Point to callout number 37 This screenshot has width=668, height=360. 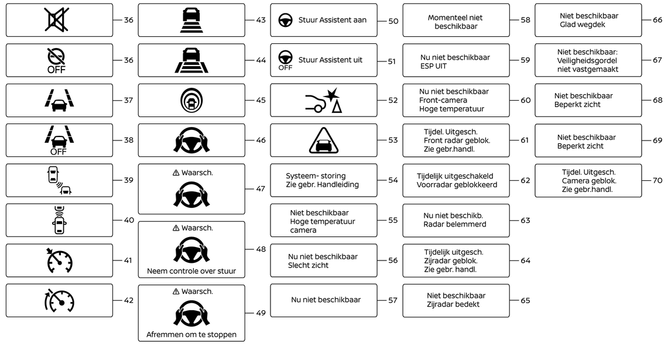(128, 100)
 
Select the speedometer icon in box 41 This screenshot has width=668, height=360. (59, 261)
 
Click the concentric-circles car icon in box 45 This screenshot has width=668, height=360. (191, 100)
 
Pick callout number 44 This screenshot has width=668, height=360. (261, 60)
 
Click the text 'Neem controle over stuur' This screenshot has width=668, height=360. (191, 271)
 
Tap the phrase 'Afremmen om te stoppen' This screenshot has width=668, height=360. (191, 335)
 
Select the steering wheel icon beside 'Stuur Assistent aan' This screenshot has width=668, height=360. (285, 19)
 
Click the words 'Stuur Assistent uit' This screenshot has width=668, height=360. (330, 60)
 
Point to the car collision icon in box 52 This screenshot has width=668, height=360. (324, 100)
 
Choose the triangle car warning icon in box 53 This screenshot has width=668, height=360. (323, 140)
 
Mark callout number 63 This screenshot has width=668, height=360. (525, 221)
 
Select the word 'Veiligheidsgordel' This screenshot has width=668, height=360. (588, 60)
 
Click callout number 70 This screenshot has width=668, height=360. (657, 180)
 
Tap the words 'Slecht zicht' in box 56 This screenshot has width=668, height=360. (308, 265)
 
